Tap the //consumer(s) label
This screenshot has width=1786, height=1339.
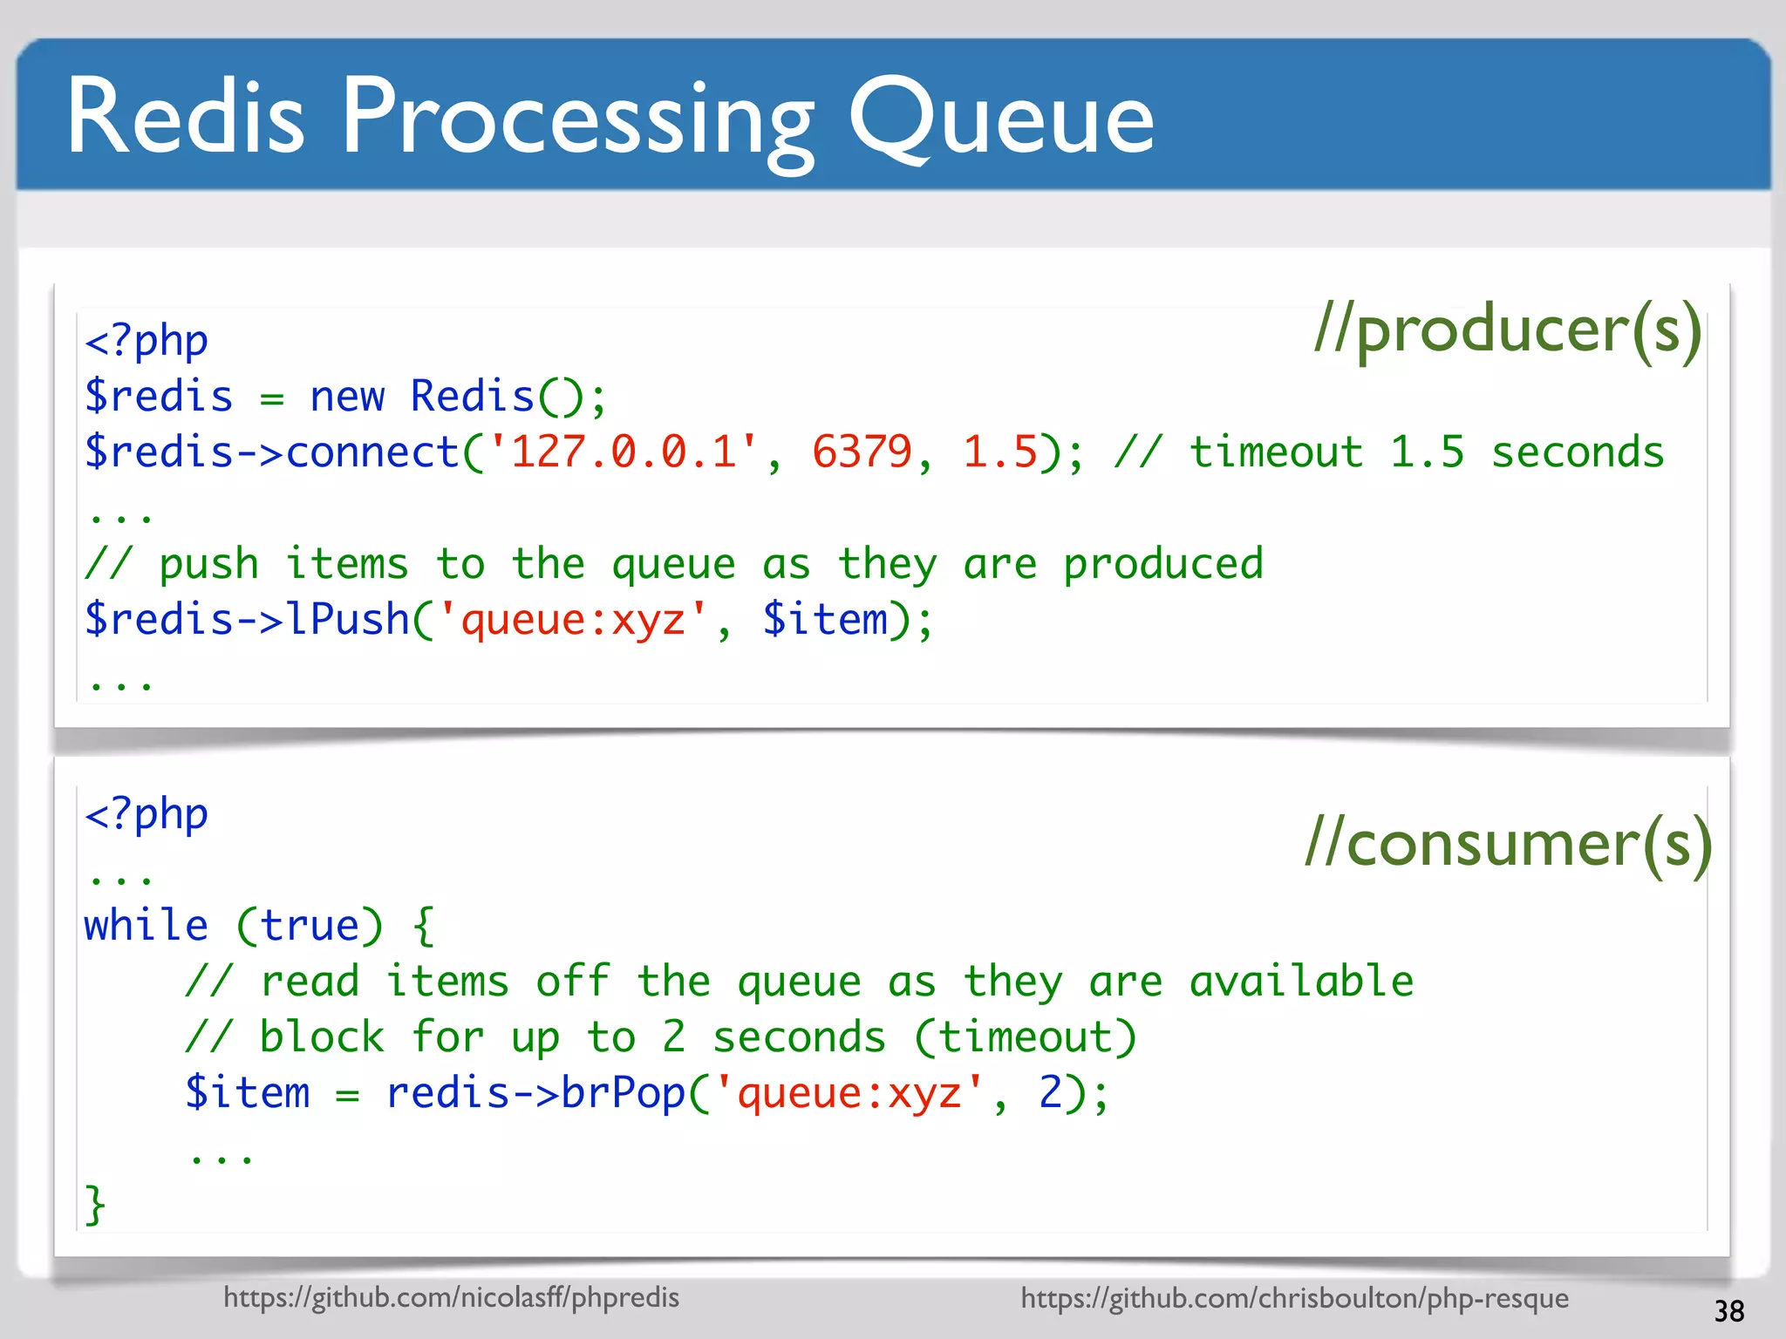[1509, 844]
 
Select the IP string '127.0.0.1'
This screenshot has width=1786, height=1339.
[624, 452]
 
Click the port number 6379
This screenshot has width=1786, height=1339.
[862, 452]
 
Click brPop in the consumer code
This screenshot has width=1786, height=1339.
[623, 1094]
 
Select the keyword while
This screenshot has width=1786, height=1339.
[146, 926]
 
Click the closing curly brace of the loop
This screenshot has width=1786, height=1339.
[94, 1205]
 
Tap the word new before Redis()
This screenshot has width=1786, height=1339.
[347, 397]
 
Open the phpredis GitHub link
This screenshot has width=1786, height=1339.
[451, 1297]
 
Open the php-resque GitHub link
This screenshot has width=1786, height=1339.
[1294, 1298]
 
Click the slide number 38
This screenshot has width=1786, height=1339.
[1728, 1311]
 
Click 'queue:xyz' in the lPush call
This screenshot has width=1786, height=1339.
[573, 620]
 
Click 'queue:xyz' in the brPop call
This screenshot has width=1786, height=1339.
[849, 1094]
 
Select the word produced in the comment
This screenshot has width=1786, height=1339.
[1162, 564]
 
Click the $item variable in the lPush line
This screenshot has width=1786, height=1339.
[825, 620]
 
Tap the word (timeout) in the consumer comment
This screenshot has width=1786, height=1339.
[1026, 1037]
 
